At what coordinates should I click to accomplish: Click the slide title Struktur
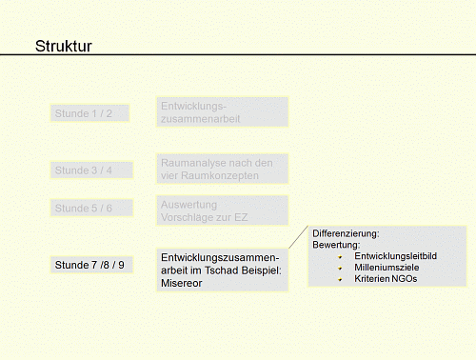click(63, 47)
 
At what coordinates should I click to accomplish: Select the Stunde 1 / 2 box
click(89, 114)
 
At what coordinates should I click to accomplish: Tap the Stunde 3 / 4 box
click(91, 170)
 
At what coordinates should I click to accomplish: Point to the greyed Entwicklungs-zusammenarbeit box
click(222, 111)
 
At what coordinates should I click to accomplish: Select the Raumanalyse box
click(222, 170)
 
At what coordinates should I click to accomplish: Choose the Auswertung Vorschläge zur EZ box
click(222, 210)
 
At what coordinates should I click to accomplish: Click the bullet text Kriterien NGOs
click(387, 280)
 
